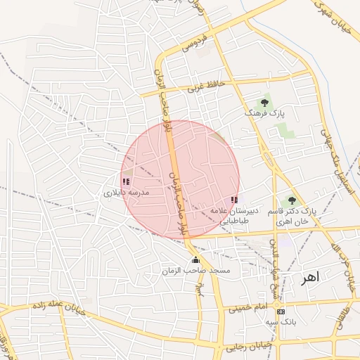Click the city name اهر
click(310, 278)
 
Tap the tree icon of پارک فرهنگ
click(264, 103)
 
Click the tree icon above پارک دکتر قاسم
click(292, 201)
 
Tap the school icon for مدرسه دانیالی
click(126, 181)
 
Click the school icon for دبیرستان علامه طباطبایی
click(234, 200)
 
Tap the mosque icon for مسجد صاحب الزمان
click(195, 261)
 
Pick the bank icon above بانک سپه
click(281, 311)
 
